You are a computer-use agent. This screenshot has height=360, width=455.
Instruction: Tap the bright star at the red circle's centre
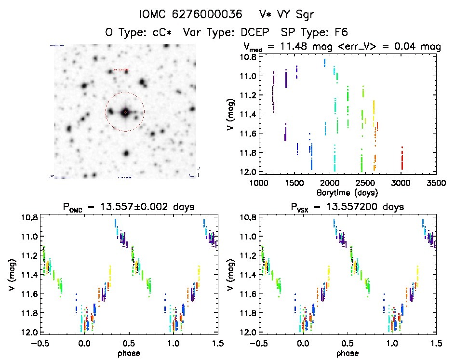click(x=125, y=112)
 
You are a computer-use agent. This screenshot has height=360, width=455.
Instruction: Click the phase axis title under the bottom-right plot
click(x=348, y=353)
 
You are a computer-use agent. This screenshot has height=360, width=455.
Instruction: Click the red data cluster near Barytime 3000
click(x=401, y=158)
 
